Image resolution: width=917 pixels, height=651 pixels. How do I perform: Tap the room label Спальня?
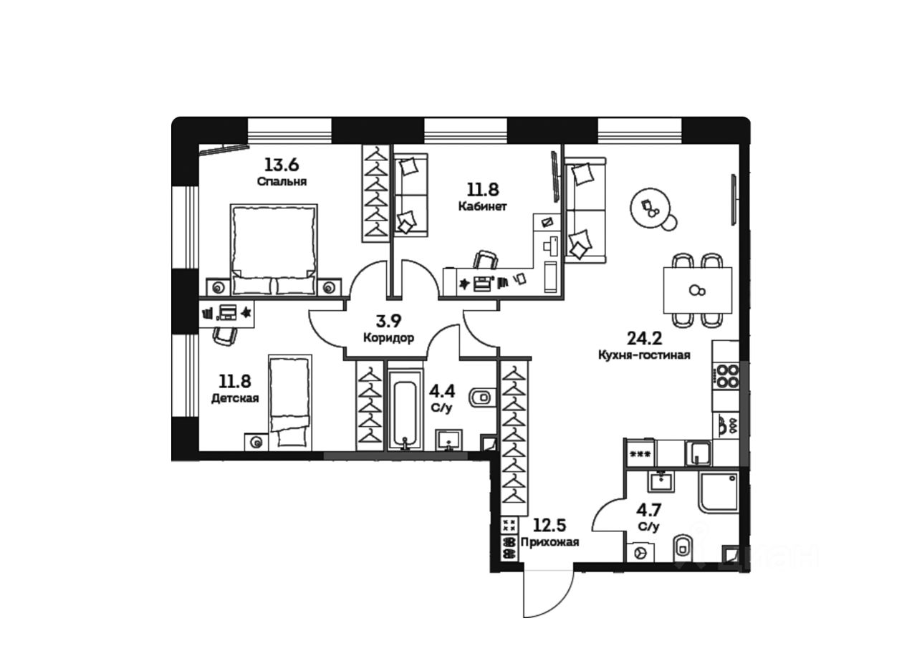coord(282,182)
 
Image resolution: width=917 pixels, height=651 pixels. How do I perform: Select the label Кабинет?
coord(484,207)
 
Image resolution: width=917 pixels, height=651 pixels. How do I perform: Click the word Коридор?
coord(388,339)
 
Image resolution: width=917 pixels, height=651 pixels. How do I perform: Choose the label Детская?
coord(235,398)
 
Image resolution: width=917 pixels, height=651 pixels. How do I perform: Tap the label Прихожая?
coord(550,542)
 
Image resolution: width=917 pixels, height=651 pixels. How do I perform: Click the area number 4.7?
coord(649,511)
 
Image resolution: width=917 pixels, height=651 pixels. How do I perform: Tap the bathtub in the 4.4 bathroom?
coord(406,407)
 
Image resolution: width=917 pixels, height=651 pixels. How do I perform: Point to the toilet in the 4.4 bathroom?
coord(481,396)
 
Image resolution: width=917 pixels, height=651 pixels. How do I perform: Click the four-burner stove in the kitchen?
coord(728,377)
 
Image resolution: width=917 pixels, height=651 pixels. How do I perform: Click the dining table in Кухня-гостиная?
coord(698,289)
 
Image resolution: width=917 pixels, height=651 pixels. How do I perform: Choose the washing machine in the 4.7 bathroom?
coord(640,554)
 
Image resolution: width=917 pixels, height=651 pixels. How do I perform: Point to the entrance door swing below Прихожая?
coord(547,593)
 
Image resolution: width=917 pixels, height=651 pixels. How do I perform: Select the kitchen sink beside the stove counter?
coord(697,453)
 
